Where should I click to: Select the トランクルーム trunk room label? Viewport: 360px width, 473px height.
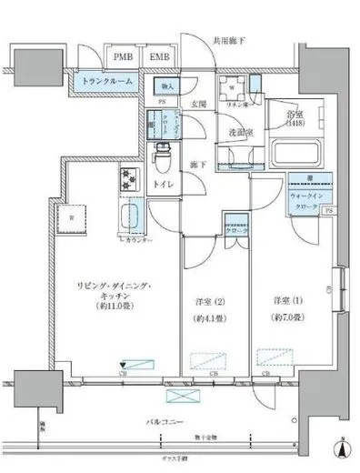click(x=106, y=81)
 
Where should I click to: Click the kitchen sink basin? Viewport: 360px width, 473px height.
click(x=128, y=219)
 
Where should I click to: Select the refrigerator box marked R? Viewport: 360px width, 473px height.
click(x=72, y=218)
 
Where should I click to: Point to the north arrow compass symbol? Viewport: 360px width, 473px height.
click(x=341, y=448)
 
